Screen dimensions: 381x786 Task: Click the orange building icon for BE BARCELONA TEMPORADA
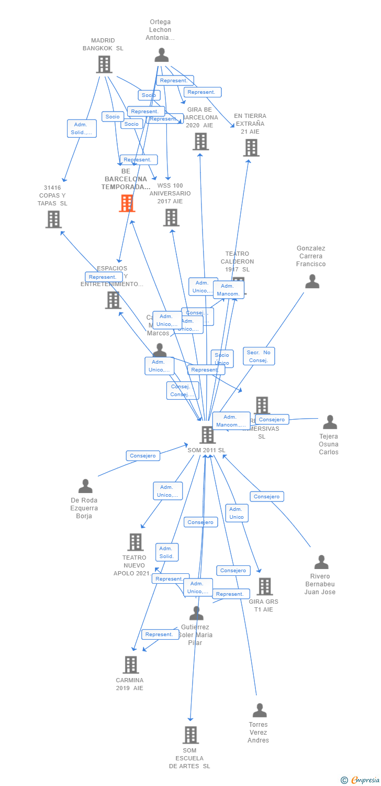coord(127,203)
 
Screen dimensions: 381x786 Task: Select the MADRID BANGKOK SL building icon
coord(104,64)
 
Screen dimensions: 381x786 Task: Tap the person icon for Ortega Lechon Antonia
coord(162,56)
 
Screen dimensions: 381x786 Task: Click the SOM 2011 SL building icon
coord(207,435)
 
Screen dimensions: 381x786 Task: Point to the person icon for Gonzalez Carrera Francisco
coord(312,282)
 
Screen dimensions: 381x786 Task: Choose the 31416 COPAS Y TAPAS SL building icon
coord(53,220)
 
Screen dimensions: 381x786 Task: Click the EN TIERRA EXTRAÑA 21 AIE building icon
coord(251,148)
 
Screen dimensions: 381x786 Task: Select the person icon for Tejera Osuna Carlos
coord(330,422)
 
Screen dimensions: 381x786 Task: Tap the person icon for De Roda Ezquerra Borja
coord(85,486)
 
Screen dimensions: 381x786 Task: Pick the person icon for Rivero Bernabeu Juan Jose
coord(321,562)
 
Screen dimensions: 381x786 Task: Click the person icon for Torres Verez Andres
coord(260,711)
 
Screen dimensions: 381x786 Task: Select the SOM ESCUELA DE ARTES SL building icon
coord(190,735)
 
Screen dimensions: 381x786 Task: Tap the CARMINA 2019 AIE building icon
coord(130,665)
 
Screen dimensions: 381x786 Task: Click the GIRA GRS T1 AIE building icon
coord(264,587)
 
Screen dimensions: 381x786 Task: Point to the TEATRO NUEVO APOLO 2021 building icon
coord(135,542)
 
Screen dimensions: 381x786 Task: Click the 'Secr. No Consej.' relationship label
coord(259,356)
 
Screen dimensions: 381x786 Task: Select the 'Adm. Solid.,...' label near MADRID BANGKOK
coord(82,128)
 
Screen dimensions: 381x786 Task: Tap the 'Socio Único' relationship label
coord(222,359)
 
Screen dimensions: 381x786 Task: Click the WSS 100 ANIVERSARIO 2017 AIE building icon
coord(171,217)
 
